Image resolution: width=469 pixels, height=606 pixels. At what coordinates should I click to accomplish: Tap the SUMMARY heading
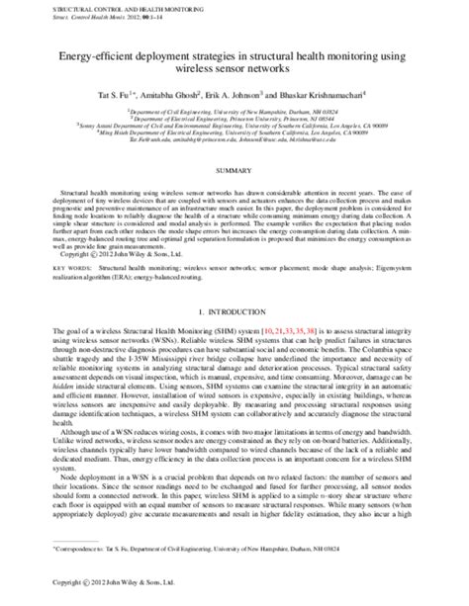click(234, 169)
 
